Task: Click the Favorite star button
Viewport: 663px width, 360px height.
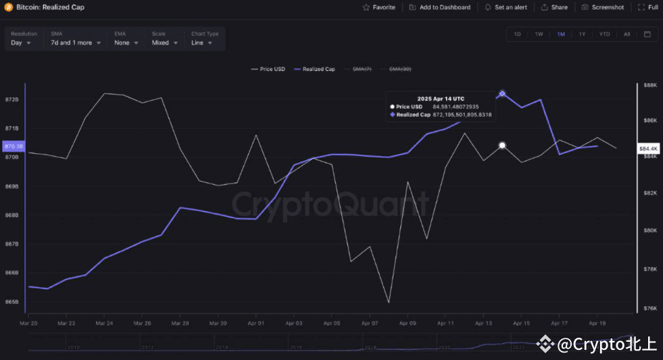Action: coord(378,7)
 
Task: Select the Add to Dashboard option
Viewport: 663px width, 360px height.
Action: coord(439,7)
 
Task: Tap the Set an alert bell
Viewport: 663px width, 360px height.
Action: coord(506,7)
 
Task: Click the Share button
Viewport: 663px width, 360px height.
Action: coord(554,7)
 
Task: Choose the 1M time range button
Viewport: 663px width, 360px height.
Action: coord(561,34)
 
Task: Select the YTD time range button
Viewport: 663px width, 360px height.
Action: coord(604,34)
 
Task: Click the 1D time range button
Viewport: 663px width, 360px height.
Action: coord(517,34)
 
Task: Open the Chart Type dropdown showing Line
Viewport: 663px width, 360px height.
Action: coord(201,43)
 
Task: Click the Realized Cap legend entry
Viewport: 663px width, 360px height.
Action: coord(315,69)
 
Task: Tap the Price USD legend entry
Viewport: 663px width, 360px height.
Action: coord(268,69)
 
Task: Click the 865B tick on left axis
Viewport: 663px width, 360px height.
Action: coord(12,301)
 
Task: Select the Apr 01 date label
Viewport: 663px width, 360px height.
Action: coord(256,324)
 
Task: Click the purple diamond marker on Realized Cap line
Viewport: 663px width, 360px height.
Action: coord(502,94)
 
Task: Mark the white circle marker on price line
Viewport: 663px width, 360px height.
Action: coord(502,145)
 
